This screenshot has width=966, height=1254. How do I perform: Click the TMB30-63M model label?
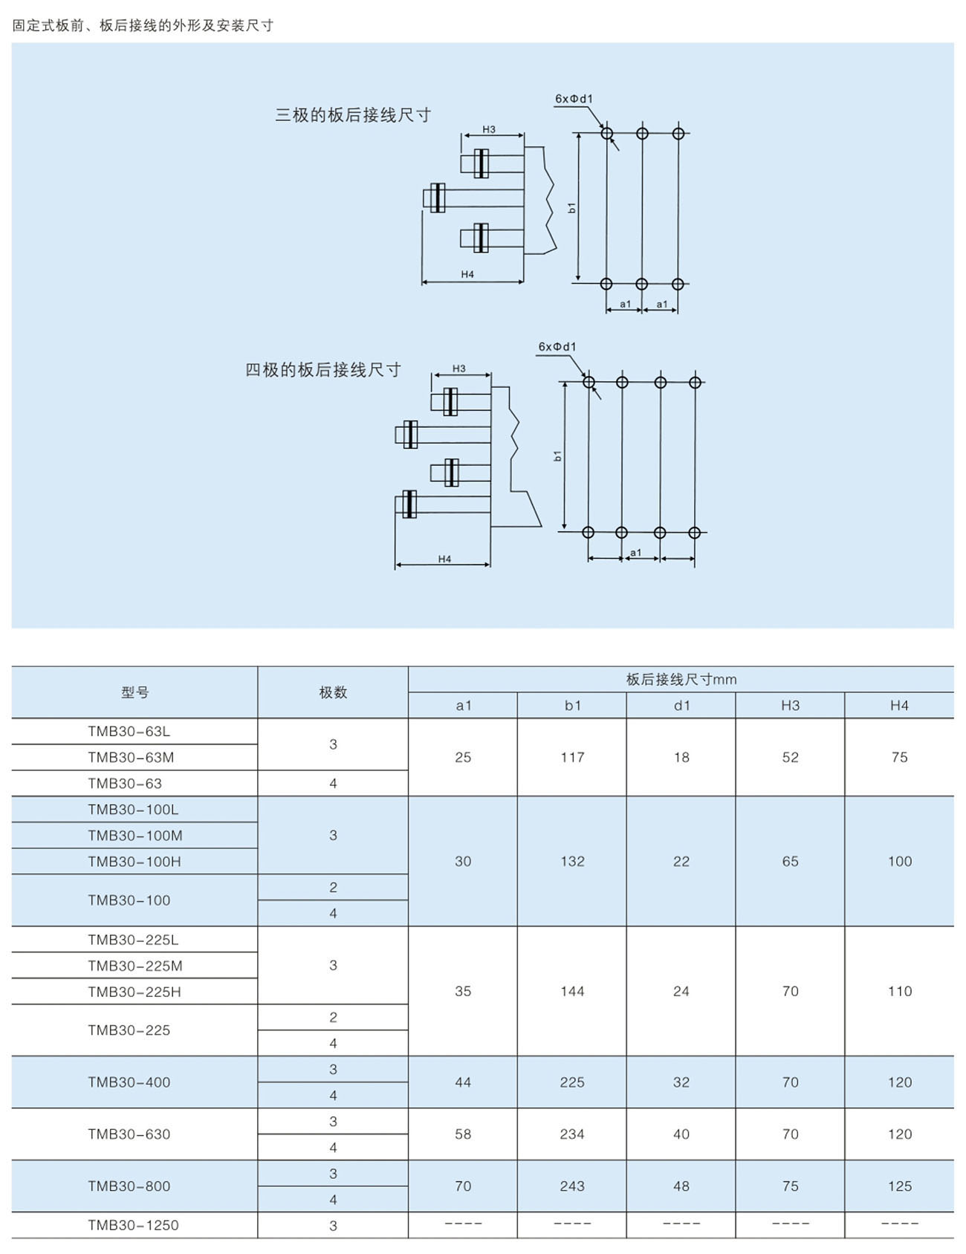coord(131,757)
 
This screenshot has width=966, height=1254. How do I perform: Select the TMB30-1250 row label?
coord(133,1225)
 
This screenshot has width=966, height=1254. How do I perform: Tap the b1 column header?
coord(572,705)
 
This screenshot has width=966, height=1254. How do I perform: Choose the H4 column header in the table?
coord(899,705)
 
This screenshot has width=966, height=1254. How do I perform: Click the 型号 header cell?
coord(135,692)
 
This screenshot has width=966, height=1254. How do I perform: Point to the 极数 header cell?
coord(333,692)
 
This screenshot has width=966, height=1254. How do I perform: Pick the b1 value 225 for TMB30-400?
coord(572,1082)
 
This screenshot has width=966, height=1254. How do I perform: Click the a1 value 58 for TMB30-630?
coord(463,1134)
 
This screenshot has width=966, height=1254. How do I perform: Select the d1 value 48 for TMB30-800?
coord(681,1186)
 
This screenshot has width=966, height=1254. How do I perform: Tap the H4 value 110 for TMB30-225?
coord(899,991)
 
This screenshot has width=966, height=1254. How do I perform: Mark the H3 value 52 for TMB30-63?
coord(790,757)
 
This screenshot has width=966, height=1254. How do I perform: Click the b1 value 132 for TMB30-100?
coord(572,861)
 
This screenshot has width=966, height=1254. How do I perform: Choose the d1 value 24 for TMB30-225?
coord(681,991)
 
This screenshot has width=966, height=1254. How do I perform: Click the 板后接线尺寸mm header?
coord(681,679)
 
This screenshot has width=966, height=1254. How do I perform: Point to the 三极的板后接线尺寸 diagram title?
coord(353,115)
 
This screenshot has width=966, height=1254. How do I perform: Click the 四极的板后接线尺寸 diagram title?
coord(323,370)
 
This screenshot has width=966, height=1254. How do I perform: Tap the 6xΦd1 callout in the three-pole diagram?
coord(574,99)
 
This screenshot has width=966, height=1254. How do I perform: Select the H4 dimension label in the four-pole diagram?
coord(444,559)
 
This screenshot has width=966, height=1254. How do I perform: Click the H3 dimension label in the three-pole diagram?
coord(489,129)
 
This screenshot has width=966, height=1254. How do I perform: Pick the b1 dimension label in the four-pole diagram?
coord(558,455)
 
